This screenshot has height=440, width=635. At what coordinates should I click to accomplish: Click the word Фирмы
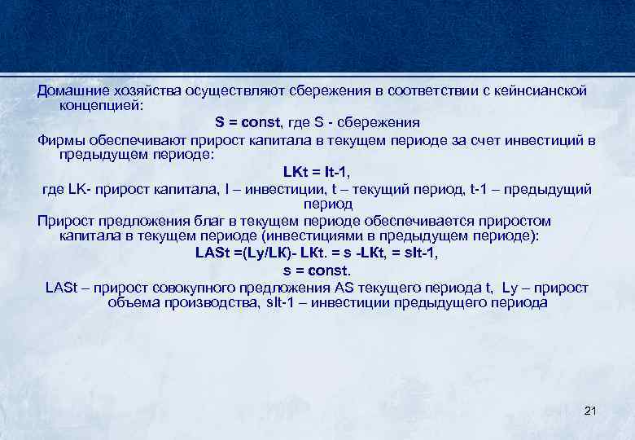tap(61, 139)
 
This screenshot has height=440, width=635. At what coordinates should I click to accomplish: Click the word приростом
tap(510, 221)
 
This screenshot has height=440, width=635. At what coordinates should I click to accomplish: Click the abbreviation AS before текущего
tap(343, 287)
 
